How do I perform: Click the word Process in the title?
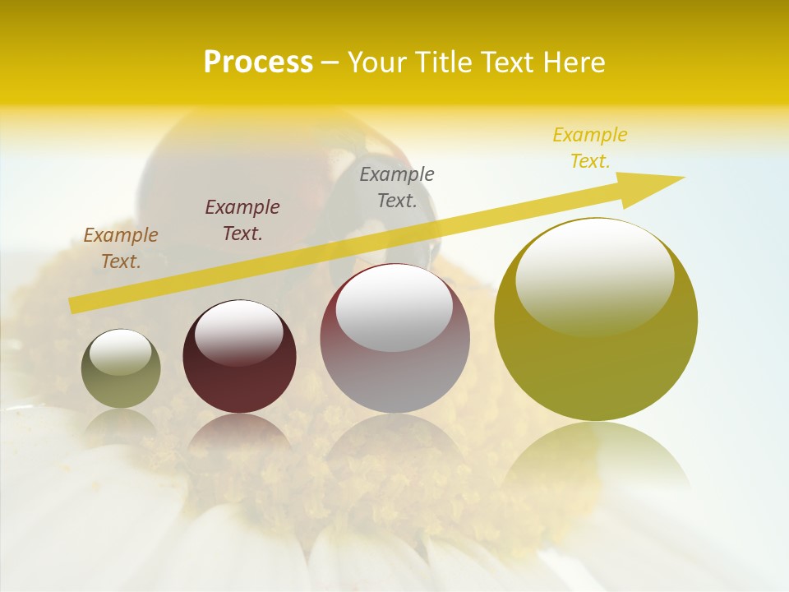pos(258,62)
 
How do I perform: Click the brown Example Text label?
pos(121,248)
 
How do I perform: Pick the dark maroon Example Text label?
pos(242,220)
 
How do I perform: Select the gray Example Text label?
pos(397,187)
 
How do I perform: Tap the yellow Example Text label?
pos(589,148)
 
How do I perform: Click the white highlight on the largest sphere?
pos(595,275)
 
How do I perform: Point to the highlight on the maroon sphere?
pos(239,331)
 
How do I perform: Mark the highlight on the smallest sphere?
pos(121,352)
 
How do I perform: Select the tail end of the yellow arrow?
pos(74,305)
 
